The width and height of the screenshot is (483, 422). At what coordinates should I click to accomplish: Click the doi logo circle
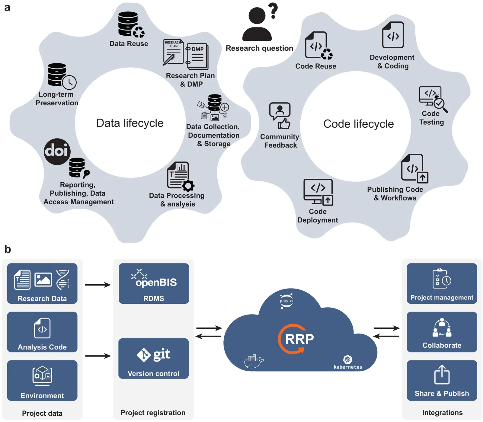pos(57,152)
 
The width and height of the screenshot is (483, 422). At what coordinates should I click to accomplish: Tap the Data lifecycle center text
pos(130,123)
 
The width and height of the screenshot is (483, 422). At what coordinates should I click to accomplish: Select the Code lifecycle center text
pos(358,124)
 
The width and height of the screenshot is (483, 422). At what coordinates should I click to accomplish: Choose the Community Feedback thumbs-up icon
pos(284,123)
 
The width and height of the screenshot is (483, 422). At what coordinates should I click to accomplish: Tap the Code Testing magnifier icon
pos(440,104)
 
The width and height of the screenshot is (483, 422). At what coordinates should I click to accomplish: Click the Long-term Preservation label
pos(57,99)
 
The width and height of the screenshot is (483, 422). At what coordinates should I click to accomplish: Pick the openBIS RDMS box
pos(154,283)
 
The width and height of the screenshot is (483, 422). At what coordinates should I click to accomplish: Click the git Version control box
pos(154,358)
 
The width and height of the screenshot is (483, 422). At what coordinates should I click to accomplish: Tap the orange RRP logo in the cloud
pos(296,339)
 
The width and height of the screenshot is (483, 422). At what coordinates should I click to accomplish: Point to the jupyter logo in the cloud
pos(286,301)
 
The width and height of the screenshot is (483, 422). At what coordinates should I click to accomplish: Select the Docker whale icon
pos(254,361)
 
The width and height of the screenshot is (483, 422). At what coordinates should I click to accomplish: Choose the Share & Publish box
pos(442,380)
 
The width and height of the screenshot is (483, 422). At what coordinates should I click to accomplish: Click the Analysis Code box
pos(42,332)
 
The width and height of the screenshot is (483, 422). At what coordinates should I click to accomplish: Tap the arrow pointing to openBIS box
pos(98,285)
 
